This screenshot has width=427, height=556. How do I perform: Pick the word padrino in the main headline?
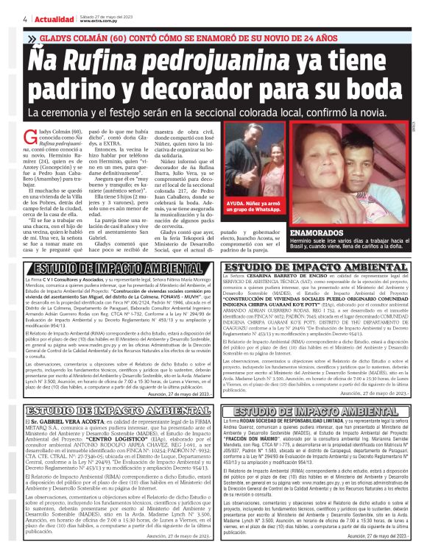tap(77, 88)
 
